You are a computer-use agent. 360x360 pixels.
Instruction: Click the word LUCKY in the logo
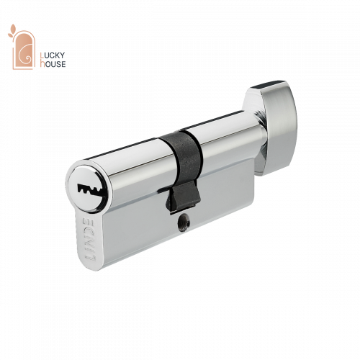(x=53, y=55)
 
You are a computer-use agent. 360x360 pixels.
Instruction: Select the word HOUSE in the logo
(x=53, y=64)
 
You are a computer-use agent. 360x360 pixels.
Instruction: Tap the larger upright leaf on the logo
(x=14, y=29)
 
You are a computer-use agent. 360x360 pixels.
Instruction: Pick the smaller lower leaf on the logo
(x=10, y=35)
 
